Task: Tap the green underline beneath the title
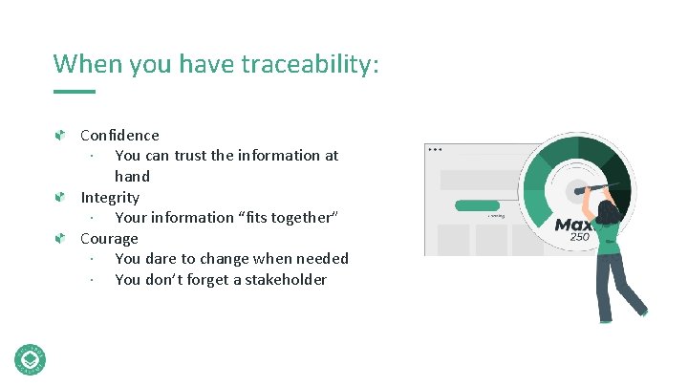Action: [x=75, y=92]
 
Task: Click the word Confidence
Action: [x=119, y=136]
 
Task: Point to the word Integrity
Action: [x=110, y=198]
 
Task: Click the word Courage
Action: [x=109, y=239]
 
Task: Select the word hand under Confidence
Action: [x=132, y=177]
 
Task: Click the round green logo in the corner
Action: [x=31, y=358]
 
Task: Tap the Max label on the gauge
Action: [x=574, y=226]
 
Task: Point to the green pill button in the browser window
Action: [x=477, y=205]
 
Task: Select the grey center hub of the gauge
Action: [x=577, y=188]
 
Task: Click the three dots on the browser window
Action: [x=436, y=149]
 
